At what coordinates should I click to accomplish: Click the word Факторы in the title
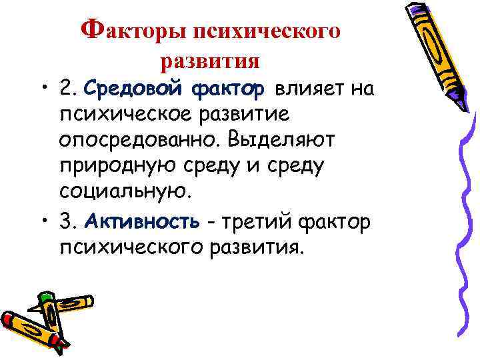coord(133,31)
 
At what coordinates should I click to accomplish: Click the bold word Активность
coord(139,221)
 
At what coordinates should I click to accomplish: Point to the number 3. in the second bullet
coord(69,221)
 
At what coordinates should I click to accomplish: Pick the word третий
coord(259,221)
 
